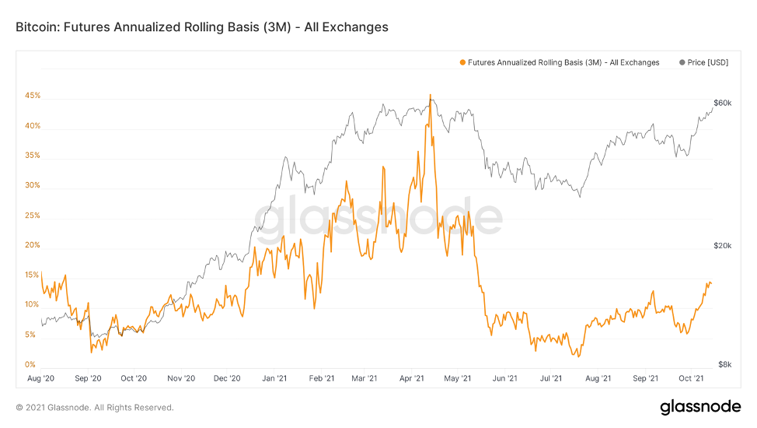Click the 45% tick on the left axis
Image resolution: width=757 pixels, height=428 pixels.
tap(33, 96)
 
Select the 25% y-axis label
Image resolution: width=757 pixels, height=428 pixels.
tap(33, 216)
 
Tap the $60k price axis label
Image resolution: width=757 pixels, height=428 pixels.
tap(722, 103)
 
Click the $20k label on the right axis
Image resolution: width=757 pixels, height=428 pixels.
tap(722, 246)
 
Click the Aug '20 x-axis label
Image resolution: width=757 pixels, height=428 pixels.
tap(40, 379)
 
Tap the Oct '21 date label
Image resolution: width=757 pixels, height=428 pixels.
tap(689, 379)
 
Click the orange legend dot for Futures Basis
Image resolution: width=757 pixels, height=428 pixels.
tap(463, 62)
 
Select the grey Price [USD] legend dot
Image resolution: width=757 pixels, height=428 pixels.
tap(682, 62)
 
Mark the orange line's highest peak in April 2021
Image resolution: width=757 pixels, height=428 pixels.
tap(430, 96)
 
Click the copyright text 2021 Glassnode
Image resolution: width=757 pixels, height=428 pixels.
tap(95, 407)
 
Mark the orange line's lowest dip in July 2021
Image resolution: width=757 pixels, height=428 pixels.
tap(576, 356)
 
